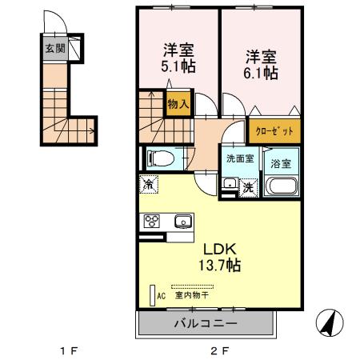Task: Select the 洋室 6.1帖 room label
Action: (x=261, y=66)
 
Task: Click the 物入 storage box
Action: (x=178, y=102)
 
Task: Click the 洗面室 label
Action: (x=239, y=158)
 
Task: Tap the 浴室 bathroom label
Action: (x=281, y=162)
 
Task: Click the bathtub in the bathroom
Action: (x=281, y=188)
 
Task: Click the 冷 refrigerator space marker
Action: (x=150, y=184)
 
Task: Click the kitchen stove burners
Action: (x=151, y=222)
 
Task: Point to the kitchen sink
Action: (x=182, y=221)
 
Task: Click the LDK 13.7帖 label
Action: (x=215, y=255)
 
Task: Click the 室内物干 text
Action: (x=192, y=295)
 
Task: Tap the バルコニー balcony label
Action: (x=206, y=324)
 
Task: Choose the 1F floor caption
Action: (x=69, y=350)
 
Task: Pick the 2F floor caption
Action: (x=219, y=350)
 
